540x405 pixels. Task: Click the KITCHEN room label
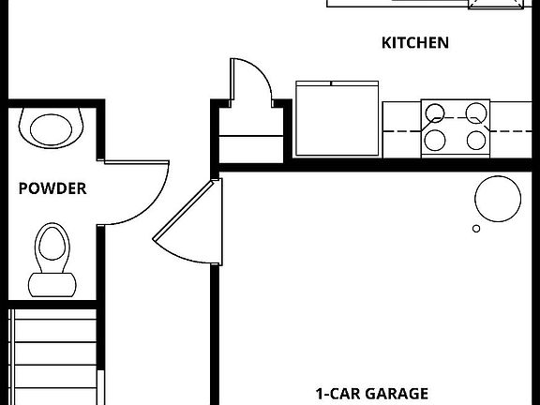click(x=415, y=43)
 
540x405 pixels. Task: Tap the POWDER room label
click(x=52, y=188)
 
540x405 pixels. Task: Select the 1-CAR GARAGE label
click(x=372, y=394)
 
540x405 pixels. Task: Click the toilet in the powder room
click(x=52, y=260)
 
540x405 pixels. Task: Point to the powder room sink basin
click(x=51, y=129)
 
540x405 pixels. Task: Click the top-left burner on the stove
click(x=435, y=113)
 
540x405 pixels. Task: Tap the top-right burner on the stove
click(x=476, y=112)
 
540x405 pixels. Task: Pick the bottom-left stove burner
click(x=435, y=141)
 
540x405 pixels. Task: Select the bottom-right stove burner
click(x=476, y=141)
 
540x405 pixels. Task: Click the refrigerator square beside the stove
click(x=337, y=118)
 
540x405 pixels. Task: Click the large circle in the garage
click(x=498, y=199)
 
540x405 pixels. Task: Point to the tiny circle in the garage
click(x=476, y=229)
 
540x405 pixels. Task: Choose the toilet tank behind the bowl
click(x=52, y=285)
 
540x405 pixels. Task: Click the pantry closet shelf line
click(x=251, y=136)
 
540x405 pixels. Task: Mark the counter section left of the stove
click(x=401, y=129)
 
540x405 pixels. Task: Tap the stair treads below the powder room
click(x=52, y=357)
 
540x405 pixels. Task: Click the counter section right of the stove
click(x=511, y=129)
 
